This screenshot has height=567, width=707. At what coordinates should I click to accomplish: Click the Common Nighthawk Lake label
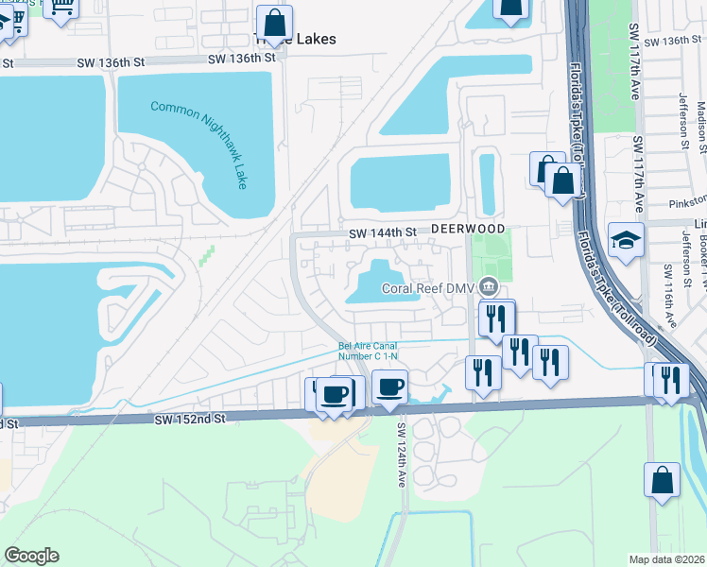(199, 145)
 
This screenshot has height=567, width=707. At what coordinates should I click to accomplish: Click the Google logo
(31, 556)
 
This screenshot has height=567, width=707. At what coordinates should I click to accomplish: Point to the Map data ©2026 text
(667, 559)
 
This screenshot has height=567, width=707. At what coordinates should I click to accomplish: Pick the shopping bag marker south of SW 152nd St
(662, 479)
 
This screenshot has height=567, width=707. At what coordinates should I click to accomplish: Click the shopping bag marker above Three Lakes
(274, 22)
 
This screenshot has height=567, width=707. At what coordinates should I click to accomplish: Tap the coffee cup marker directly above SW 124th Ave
(389, 386)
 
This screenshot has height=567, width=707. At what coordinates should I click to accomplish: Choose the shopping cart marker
(61, 8)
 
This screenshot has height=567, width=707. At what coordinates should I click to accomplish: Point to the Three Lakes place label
(296, 40)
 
